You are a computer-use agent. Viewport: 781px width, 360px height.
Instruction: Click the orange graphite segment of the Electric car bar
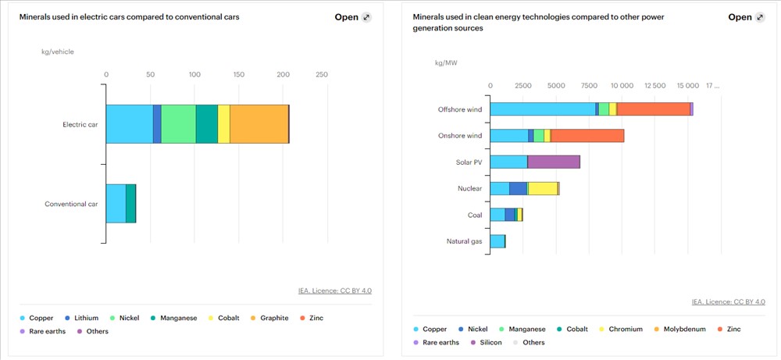(259, 124)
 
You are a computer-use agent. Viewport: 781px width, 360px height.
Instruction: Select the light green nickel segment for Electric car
(178, 124)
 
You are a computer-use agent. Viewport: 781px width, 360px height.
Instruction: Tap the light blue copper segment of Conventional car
(116, 204)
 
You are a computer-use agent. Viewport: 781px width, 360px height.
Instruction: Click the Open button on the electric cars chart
(353, 17)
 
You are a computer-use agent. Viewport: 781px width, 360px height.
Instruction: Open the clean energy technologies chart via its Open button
(747, 17)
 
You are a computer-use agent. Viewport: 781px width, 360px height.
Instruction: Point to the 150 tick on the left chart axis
(239, 74)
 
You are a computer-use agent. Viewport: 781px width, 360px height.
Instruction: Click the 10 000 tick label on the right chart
(622, 85)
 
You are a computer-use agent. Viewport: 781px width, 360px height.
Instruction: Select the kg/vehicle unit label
(58, 52)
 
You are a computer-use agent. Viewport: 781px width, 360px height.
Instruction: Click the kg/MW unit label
(446, 62)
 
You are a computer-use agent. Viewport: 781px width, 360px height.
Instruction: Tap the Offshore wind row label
(460, 109)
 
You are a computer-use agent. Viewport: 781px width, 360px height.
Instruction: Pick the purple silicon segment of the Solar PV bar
(554, 162)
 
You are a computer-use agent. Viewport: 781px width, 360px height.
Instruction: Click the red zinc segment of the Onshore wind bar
(587, 136)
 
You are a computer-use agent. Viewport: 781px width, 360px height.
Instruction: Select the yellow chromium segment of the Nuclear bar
(543, 188)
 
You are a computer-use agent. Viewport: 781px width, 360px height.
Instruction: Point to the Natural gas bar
(497, 241)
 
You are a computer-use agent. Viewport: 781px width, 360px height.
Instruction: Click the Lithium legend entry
(85, 318)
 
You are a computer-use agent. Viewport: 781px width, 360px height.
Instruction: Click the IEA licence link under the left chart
(334, 290)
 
